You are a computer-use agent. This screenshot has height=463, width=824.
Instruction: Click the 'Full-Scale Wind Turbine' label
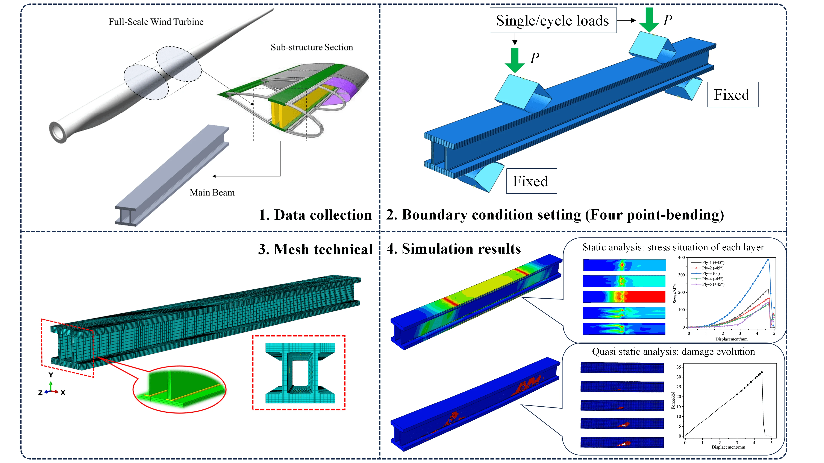[x=156, y=22]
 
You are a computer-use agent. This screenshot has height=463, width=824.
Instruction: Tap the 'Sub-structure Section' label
[x=312, y=47]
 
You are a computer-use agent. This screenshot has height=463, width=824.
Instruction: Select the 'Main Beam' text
[x=212, y=192]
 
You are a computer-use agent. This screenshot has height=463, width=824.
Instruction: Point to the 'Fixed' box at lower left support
[x=531, y=181]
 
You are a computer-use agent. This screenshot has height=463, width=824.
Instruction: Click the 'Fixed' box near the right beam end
[x=732, y=95]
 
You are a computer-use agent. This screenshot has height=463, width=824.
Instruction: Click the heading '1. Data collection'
[x=315, y=215]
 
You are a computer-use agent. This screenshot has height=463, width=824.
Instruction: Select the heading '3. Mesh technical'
[x=315, y=249]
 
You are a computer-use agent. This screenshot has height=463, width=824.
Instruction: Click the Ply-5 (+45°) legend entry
[x=712, y=284]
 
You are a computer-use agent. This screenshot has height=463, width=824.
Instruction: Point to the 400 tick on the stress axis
[x=681, y=257]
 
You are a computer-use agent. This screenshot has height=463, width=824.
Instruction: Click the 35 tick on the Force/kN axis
[x=679, y=367]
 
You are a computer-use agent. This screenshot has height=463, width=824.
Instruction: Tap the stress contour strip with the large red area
[x=624, y=296]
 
